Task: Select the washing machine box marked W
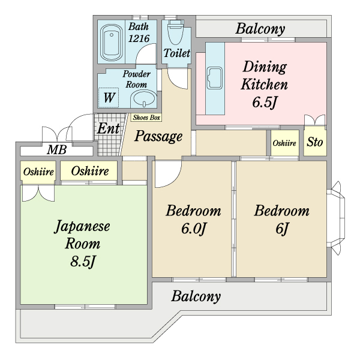(109, 97)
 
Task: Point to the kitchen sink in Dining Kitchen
(214, 79)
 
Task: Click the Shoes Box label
(146, 118)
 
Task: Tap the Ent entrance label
(108, 128)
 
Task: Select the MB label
(58, 150)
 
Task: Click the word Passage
(158, 137)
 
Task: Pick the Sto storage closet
(315, 143)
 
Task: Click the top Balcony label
(260, 28)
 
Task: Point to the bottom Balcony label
(196, 296)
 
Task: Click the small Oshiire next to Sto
(284, 143)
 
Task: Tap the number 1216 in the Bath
(138, 38)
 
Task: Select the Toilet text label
(176, 53)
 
